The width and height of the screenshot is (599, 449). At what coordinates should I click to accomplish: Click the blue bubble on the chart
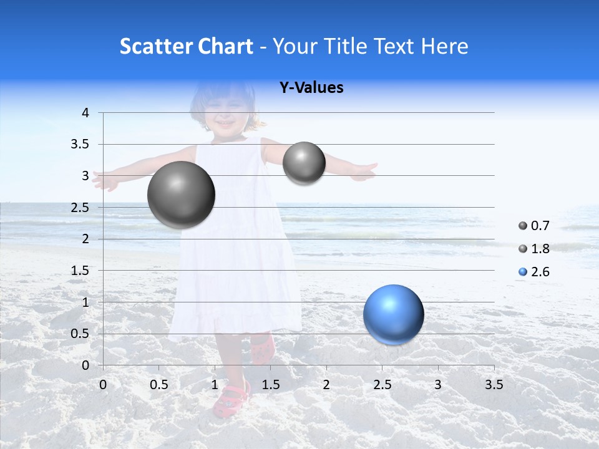click(393, 314)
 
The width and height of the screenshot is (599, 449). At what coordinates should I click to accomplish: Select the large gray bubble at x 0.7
click(181, 195)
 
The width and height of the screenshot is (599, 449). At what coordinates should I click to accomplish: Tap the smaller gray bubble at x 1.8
click(304, 163)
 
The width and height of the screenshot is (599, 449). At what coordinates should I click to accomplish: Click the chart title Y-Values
click(311, 88)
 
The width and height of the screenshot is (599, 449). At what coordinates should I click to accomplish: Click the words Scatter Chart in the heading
click(187, 46)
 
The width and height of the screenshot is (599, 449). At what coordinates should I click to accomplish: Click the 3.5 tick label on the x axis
click(494, 384)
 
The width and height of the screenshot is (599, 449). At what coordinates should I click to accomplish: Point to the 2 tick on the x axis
click(326, 384)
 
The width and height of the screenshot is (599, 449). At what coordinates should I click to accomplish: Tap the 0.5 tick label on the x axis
click(159, 384)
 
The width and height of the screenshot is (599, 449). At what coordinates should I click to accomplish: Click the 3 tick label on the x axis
click(438, 384)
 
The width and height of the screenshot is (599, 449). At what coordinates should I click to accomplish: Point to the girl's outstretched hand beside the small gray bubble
click(363, 171)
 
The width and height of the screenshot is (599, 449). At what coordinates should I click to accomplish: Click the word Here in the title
click(445, 46)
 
